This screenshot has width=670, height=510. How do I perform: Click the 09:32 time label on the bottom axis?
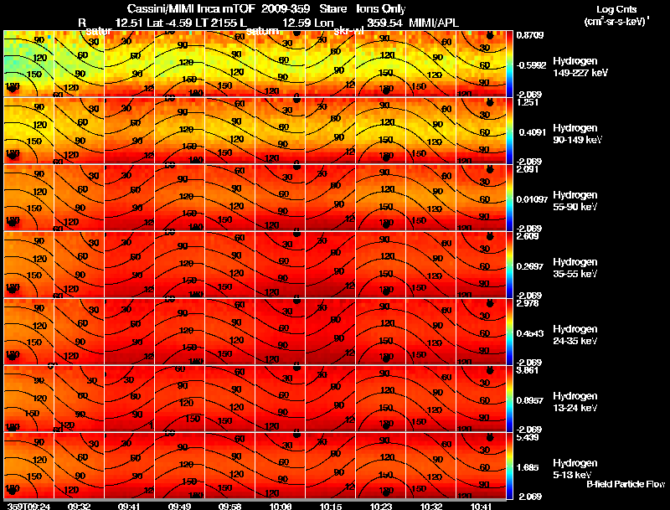click(x=80, y=506)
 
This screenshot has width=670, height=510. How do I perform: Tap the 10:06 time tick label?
click(x=281, y=506)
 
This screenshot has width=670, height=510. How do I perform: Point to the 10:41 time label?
click(x=482, y=506)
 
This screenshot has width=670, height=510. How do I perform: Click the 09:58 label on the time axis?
click(x=229, y=506)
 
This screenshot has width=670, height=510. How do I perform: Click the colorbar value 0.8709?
click(x=532, y=35)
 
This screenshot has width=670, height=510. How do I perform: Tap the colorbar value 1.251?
click(x=529, y=102)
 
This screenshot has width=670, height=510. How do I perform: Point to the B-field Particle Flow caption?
click(x=626, y=484)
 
